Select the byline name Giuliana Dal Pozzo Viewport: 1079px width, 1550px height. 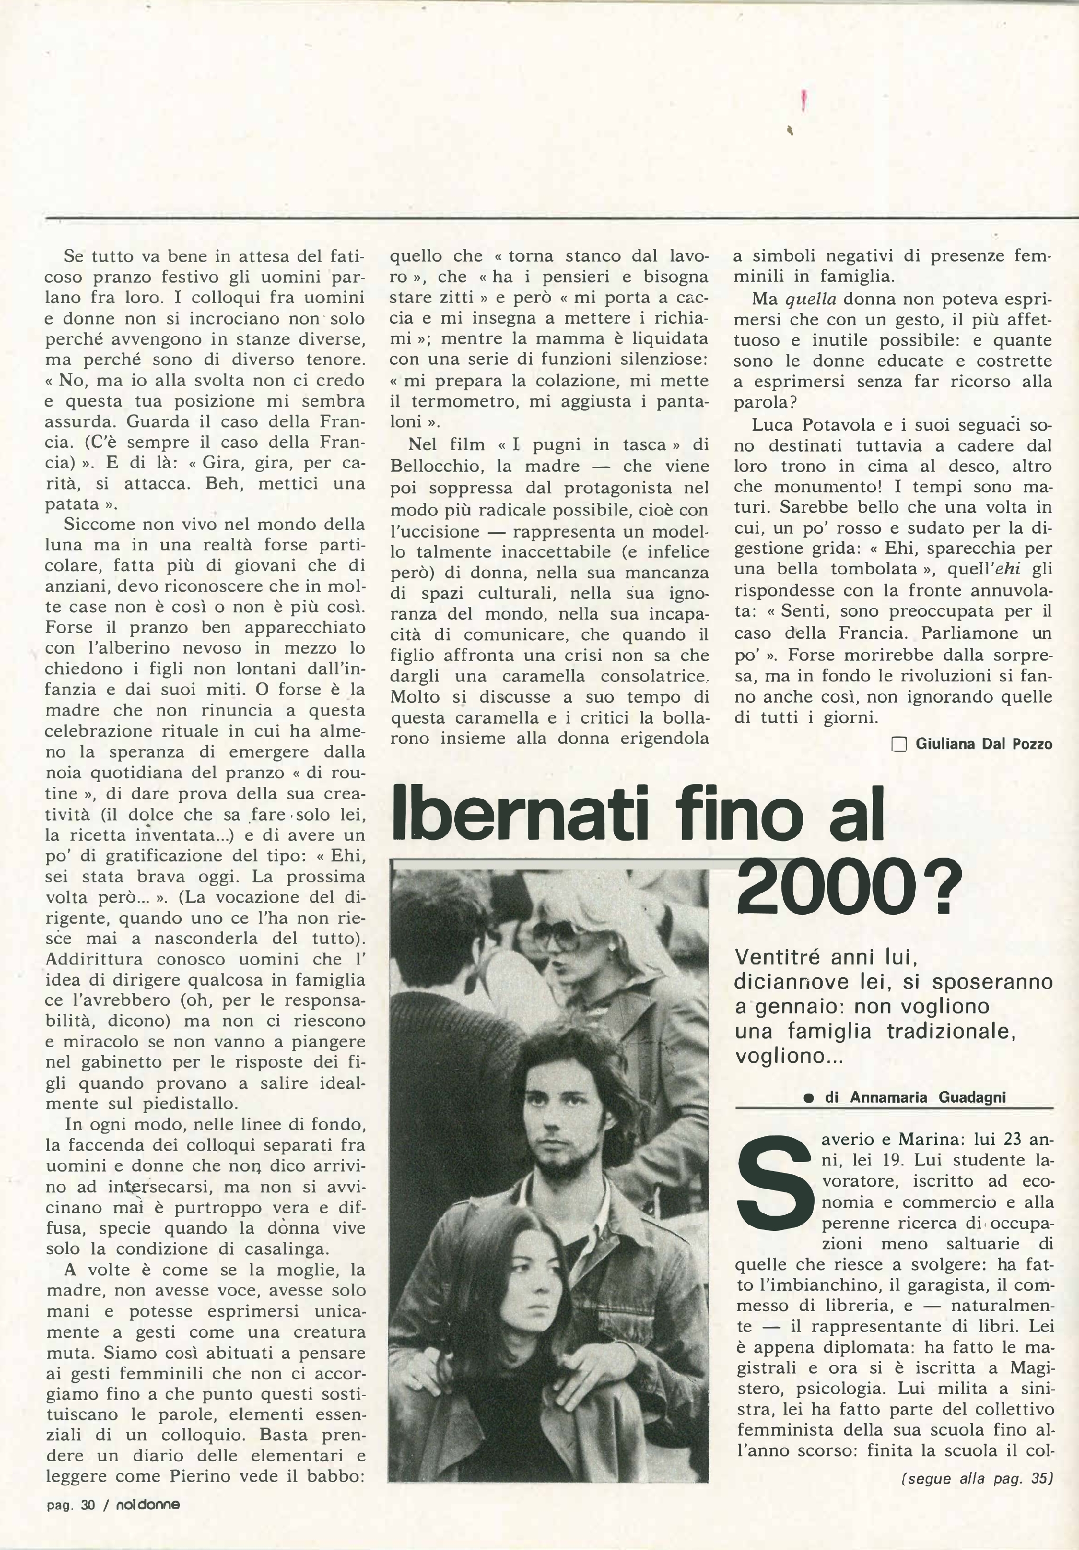(x=983, y=745)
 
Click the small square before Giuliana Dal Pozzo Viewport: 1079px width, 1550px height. (x=899, y=745)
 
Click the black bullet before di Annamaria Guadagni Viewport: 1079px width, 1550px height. (x=808, y=1098)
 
